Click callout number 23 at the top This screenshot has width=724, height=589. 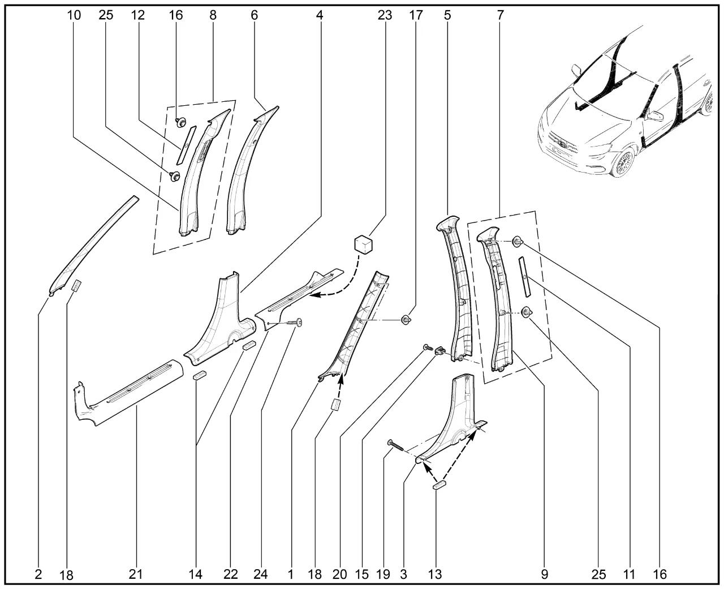pos(385,15)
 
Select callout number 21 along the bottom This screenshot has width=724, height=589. pos(135,574)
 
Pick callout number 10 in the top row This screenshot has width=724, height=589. pos(74,15)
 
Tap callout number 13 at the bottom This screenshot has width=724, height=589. pos(435,574)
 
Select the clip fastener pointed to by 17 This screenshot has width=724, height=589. pos(406,320)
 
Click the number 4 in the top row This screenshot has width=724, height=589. pos(320,15)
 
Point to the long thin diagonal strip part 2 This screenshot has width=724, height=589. pos(93,243)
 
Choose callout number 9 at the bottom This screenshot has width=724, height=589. pos(545,574)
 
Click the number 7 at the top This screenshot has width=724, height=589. pos(501,15)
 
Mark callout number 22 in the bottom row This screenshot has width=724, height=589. pos(230,574)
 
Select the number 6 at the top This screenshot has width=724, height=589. pos(254,15)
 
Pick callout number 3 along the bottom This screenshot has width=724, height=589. pos(403,574)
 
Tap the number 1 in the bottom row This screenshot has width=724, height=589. pos(291,574)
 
